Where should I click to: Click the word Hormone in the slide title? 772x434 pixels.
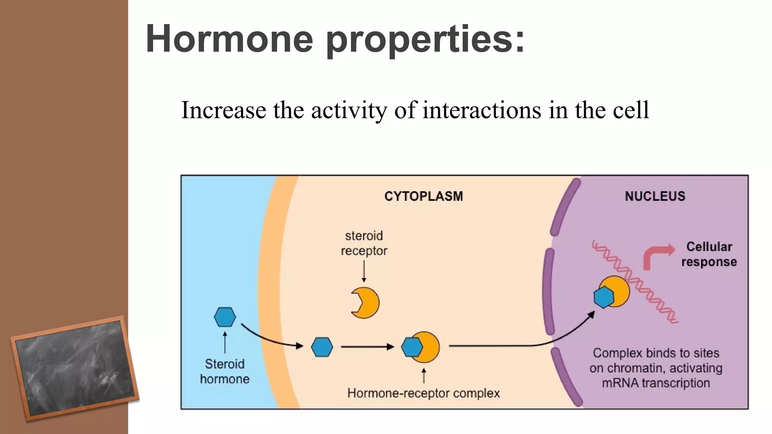[x=229, y=39]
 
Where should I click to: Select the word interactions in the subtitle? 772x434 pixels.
[x=482, y=110]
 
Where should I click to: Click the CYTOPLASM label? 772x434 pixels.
[x=423, y=196]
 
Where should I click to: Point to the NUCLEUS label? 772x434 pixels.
[x=655, y=196]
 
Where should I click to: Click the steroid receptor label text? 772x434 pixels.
[x=364, y=243]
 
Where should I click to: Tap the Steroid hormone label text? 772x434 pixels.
[x=225, y=371]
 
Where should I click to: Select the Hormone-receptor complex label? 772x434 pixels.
[x=423, y=393]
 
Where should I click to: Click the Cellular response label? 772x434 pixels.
[x=709, y=254]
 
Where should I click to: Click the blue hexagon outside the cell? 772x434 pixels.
[x=225, y=317]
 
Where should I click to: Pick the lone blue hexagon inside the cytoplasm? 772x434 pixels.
[x=322, y=347]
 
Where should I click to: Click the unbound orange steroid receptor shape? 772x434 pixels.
[x=366, y=303]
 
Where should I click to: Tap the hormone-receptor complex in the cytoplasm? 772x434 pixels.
[x=420, y=347]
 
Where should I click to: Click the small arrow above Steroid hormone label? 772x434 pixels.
[x=225, y=342]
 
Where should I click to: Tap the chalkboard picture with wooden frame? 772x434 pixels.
[x=75, y=368]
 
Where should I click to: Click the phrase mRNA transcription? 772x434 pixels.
[x=656, y=383]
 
